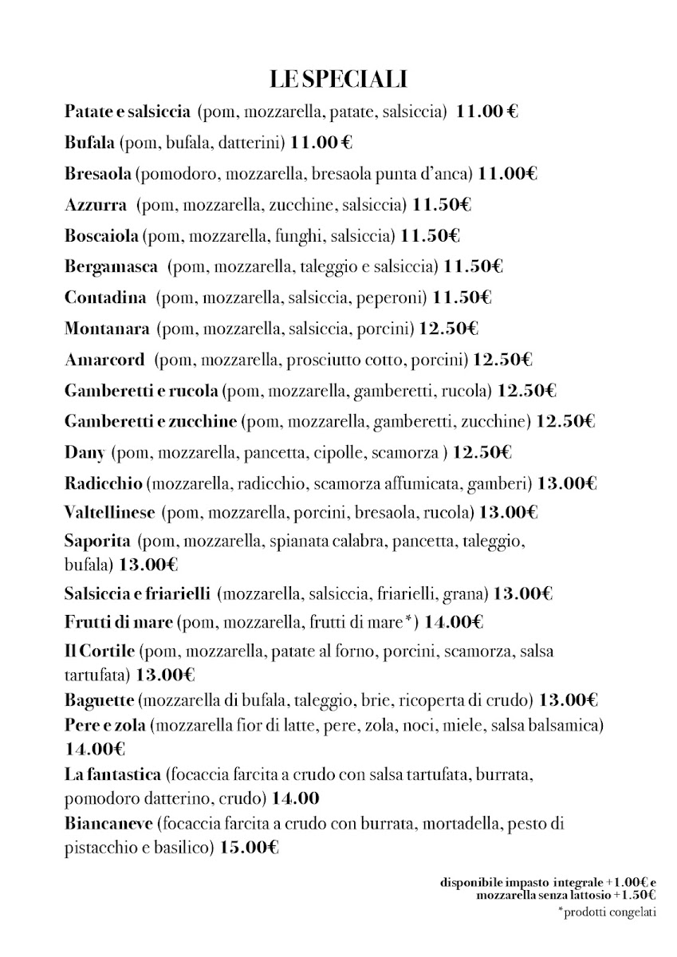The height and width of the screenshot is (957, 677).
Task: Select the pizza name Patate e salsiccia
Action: click(x=127, y=112)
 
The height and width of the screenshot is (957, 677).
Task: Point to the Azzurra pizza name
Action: click(x=95, y=205)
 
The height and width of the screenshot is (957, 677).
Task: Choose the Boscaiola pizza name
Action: click(x=102, y=236)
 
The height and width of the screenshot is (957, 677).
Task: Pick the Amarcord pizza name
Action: click(x=104, y=360)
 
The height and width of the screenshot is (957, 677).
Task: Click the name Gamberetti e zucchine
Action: click(x=150, y=422)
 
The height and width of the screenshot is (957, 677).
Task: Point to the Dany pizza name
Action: click(x=85, y=453)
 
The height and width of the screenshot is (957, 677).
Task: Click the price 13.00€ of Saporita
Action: click(x=148, y=565)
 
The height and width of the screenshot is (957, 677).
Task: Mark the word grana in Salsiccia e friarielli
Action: click(x=468, y=593)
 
